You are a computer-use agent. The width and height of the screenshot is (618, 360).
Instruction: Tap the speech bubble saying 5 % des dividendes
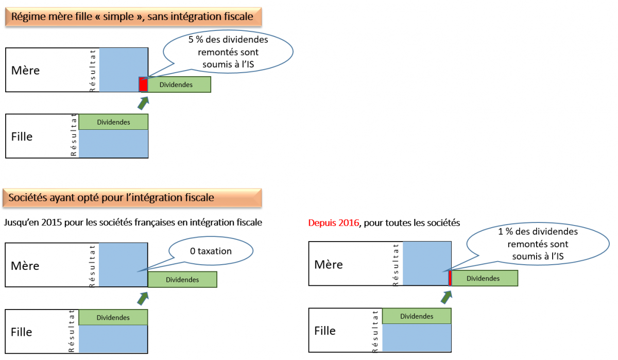coord(228,53)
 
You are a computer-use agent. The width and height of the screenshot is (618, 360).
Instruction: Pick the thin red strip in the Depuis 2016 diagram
coord(450,278)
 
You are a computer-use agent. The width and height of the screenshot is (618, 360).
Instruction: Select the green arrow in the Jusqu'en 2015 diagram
coord(144,298)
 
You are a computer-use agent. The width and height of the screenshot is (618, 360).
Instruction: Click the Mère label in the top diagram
coord(25,70)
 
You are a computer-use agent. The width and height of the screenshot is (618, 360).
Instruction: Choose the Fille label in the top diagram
coord(22,136)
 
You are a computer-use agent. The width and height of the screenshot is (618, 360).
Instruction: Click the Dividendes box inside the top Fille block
coord(113,122)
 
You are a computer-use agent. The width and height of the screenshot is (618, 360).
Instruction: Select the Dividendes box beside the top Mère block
coord(179,84)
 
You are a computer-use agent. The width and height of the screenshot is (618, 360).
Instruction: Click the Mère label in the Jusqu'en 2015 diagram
coord(25,266)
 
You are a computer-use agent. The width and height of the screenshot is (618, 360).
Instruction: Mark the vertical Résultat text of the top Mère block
coord(93,70)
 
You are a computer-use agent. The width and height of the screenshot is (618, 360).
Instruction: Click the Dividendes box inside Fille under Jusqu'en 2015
coord(113,317)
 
